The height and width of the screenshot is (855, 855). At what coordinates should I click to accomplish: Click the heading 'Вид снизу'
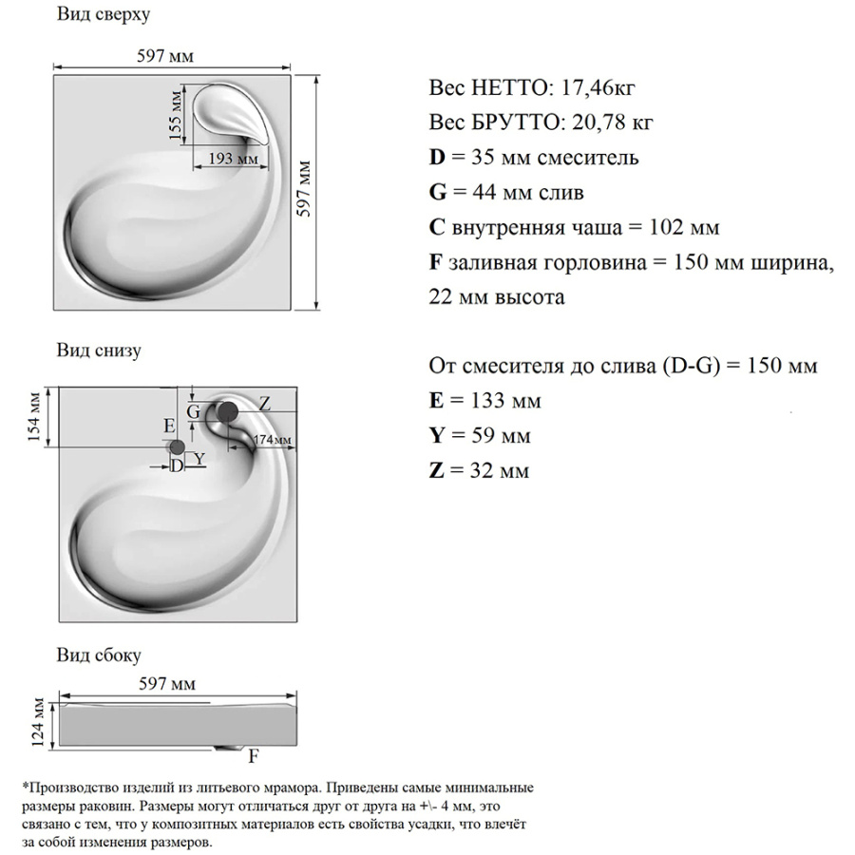point(99,351)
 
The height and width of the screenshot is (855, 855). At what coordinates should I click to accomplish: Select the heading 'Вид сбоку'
point(99,655)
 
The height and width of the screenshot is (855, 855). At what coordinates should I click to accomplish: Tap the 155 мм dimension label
point(175,116)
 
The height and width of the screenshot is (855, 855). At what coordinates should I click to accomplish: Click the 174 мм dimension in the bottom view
point(273,440)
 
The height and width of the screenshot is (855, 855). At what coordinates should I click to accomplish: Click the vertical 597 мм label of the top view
point(304,191)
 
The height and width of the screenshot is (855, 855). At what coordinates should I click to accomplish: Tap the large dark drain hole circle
point(228,411)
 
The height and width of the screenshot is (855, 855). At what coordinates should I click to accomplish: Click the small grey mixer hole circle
point(176,447)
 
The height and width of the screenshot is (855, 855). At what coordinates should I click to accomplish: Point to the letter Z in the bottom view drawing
point(264,404)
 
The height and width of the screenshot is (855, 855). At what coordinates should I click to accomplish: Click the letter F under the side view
point(254,757)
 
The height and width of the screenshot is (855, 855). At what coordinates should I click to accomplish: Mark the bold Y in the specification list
point(438,436)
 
